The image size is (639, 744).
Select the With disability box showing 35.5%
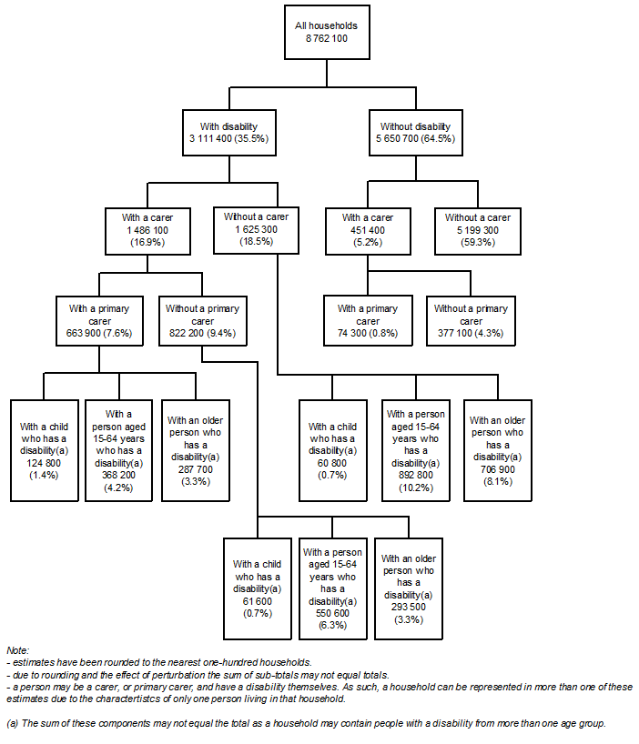[x=227, y=132]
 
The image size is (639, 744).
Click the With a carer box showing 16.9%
[x=147, y=231]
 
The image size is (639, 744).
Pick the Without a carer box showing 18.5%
[x=256, y=231]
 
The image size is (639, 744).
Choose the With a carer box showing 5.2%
[x=368, y=231]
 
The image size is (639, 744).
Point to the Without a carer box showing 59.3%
[x=478, y=231]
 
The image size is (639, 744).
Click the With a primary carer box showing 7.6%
[x=99, y=321]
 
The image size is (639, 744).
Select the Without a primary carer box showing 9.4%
[x=202, y=321]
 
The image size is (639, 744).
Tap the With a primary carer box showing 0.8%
[x=368, y=321]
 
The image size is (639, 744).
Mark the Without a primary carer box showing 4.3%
[x=471, y=321]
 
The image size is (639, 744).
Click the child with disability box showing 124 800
[x=44, y=449]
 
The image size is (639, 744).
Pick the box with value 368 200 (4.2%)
[x=118, y=449]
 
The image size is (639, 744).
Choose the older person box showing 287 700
[x=195, y=449]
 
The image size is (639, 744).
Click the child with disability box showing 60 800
[x=332, y=449]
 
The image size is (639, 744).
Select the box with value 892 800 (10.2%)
[x=415, y=449]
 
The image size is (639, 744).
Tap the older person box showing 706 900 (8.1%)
[x=497, y=449]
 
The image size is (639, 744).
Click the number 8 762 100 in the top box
[x=320, y=39]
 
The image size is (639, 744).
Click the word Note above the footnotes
[x=17, y=650]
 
